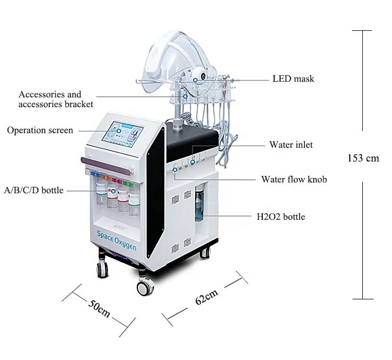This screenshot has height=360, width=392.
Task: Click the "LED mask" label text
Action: (x=293, y=79)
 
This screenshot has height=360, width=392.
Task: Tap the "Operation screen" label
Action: (x=40, y=130)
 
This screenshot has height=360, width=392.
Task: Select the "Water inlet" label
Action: (x=291, y=145)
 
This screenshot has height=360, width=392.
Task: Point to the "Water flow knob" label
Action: (x=294, y=179)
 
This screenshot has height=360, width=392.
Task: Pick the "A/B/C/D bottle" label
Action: (x=34, y=190)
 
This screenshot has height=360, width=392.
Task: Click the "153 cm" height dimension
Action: (x=363, y=159)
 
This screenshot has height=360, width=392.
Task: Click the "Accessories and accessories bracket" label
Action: (x=56, y=99)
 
